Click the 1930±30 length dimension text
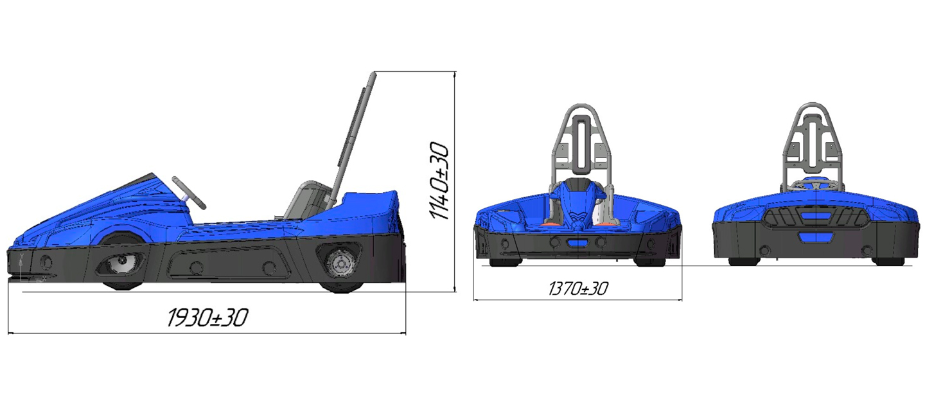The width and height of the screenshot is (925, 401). (x=207, y=317)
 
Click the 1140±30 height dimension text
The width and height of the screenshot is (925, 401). (x=439, y=181)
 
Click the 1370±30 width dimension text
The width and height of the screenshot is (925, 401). (x=578, y=289)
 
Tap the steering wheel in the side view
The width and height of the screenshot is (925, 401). (x=189, y=192)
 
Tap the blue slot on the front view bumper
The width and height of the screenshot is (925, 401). (x=577, y=242)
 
